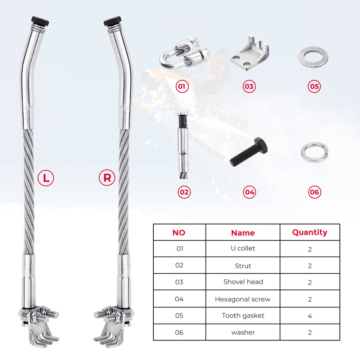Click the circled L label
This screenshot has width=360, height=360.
click(x=46, y=178)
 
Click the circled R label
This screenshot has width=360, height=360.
click(x=107, y=178)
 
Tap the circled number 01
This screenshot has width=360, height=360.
click(x=182, y=86)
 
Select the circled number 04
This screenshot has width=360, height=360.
click(x=249, y=192)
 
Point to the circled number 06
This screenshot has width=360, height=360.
click(x=315, y=192)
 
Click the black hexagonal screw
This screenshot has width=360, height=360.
click(x=249, y=152)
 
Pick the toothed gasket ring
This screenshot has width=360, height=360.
click(x=313, y=57)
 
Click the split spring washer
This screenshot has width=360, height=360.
click(x=314, y=152)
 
